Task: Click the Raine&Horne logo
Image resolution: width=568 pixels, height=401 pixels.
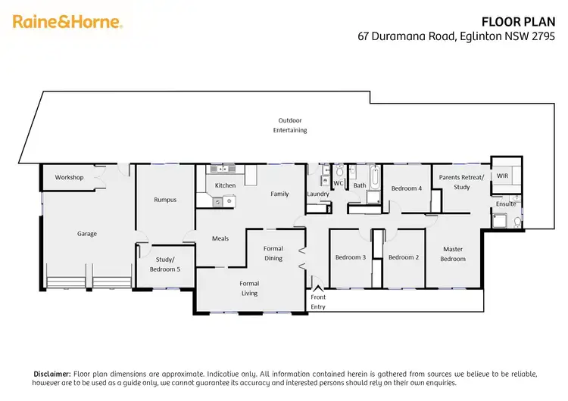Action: coord(67,22)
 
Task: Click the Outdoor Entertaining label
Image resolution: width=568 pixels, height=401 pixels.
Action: coord(290,125)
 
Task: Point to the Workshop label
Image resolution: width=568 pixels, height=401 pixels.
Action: coord(69,178)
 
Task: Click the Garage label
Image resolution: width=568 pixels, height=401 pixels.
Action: coord(87,234)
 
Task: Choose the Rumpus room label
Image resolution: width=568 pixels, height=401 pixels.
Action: coord(165,200)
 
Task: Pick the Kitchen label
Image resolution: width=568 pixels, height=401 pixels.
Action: coord(225,185)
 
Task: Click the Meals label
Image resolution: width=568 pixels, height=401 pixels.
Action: coord(220,238)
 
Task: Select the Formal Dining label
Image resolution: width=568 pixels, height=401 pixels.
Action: coord(273,253)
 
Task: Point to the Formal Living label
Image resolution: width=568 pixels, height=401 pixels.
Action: coord(249,288)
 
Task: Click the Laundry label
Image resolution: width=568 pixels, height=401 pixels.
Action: coord(318,194)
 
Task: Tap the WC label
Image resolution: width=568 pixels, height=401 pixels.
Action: coord(339,183)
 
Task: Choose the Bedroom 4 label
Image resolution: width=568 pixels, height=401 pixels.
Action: coord(406,188)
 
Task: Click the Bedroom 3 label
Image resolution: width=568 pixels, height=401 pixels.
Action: coord(351,257)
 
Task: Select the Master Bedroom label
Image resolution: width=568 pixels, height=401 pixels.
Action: coord(453,254)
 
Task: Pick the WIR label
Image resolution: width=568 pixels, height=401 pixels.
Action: coord(502,176)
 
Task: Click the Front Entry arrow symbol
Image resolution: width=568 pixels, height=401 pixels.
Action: coord(318,287)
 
